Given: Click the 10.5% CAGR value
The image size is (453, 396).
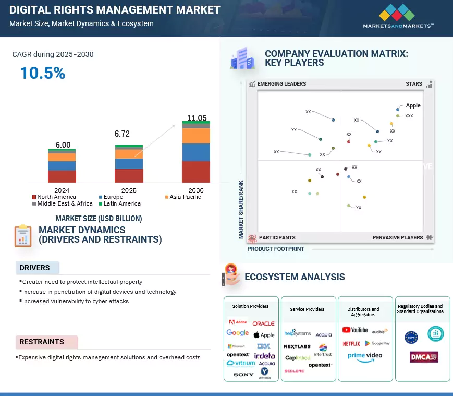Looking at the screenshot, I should [42, 73].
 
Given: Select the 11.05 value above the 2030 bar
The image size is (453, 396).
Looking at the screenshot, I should [197, 117].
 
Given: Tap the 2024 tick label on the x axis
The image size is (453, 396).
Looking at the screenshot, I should [62, 190].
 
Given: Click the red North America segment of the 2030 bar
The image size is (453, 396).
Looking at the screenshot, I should [196, 172].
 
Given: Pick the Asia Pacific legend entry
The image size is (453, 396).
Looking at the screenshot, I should [183, 197].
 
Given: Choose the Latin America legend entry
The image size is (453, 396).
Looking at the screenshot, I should [119, 203].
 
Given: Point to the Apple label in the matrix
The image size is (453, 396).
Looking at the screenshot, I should [413, 105].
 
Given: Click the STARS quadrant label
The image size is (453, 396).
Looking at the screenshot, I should [414, 84].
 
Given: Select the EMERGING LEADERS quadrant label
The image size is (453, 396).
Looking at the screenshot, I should [281, 84].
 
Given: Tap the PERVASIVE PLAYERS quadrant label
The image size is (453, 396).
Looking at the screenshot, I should [398, 238].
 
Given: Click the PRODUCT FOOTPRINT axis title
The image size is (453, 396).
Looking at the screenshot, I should [276, 249].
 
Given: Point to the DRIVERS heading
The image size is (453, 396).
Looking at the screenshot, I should [35, 268].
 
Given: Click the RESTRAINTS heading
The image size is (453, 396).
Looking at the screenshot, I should [42, 342].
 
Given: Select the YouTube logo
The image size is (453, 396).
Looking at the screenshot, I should [355, 330].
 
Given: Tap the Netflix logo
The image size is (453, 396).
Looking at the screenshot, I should [351, 343].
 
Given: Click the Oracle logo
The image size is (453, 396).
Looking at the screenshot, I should [264, 323].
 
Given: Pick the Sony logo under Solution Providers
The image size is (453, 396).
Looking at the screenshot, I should [243, 375].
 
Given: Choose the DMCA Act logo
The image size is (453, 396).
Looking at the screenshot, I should [423, 357].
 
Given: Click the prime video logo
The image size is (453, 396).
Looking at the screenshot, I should [365, 356].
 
